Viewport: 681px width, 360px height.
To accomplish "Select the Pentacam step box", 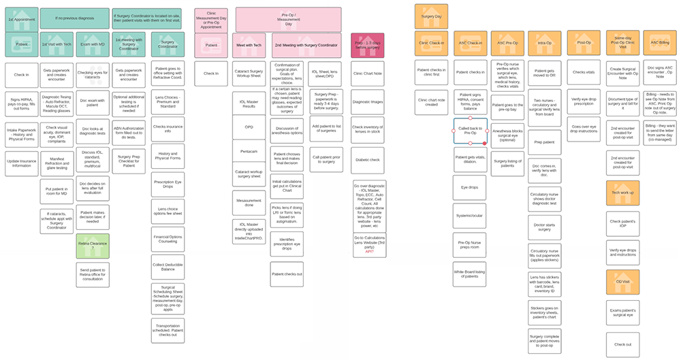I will [248, 150].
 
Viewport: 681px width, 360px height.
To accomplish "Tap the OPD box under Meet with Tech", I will [248, 126].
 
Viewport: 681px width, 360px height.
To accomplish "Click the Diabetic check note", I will [368, 161].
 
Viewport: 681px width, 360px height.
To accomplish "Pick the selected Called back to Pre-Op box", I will [470, 131].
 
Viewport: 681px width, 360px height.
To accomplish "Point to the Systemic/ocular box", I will [470, 216].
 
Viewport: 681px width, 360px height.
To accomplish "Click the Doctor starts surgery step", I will [543, 225].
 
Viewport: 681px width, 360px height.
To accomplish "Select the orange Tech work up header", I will [622, 193].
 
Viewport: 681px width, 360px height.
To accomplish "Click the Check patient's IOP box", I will [622, 222].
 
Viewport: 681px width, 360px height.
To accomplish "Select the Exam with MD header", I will [91, 44].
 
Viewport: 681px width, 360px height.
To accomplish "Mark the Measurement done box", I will [248, 201].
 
